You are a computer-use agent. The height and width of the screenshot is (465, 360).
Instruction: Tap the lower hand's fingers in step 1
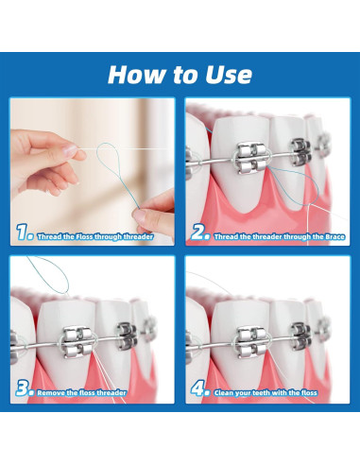[x=155, y=199]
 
